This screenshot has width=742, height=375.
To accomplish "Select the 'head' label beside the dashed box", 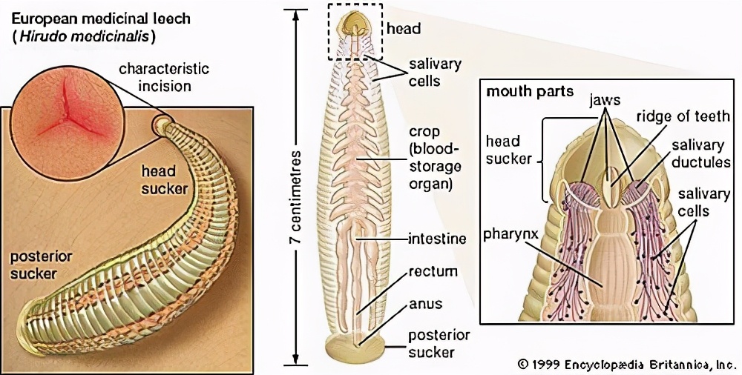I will click(404, 29).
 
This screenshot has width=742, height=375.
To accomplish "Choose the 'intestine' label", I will click(438, 239).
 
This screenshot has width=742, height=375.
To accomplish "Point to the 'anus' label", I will click(425, 304).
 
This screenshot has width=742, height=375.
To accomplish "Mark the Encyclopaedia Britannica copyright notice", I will click(626, 364).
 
